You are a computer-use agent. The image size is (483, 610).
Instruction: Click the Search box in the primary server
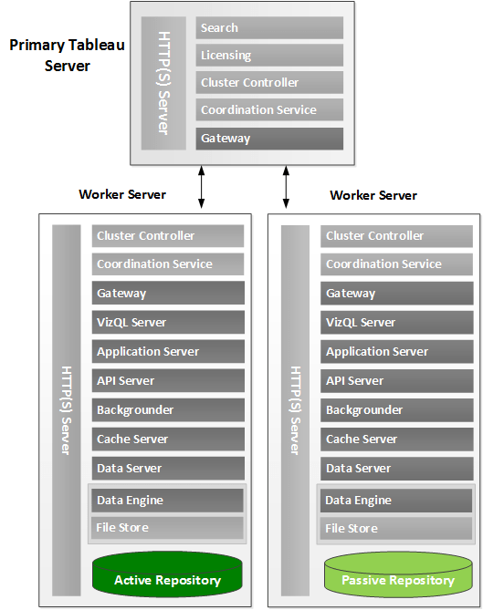click(269, 27)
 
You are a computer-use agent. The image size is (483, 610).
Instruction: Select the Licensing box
click(269, 55)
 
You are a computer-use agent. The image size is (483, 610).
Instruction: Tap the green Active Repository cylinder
click(167, 579)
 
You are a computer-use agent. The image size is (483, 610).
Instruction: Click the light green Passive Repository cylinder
click(397, 579)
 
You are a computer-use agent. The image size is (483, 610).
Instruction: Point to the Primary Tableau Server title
click(67, 55)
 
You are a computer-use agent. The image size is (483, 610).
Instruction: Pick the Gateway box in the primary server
click(269, 139)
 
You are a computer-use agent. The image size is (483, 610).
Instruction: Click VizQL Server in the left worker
click(168, 323)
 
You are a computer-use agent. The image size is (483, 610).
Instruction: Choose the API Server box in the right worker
click(397, 381)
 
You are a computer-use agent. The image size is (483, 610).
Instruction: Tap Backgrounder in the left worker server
click(168, 410)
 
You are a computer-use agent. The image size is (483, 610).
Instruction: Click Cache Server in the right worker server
click(397, 439)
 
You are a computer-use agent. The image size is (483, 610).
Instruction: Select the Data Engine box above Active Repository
click(168, 500)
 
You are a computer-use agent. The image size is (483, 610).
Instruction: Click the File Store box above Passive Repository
click(397, 528)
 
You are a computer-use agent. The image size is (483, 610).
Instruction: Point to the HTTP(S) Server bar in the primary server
click(164, 83)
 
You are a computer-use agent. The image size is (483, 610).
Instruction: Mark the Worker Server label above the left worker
click(122, 194)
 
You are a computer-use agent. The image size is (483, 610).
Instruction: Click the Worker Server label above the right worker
click(373, 195)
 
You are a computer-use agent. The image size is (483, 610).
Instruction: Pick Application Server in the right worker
click(397, 352)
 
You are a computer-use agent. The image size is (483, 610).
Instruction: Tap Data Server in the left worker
click(168, 469)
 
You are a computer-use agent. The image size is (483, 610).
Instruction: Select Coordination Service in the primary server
click(269, 110)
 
